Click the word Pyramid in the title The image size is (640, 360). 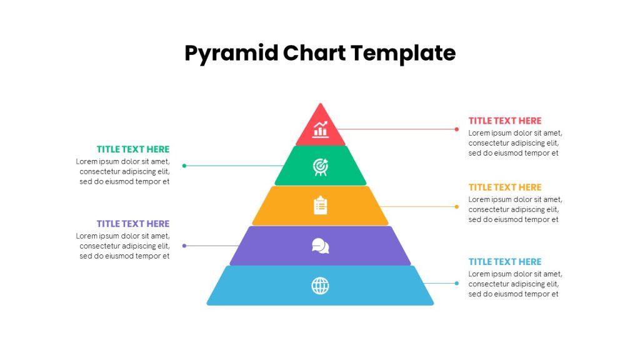(x=231, y=54)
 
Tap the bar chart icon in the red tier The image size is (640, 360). (x=321, y=129)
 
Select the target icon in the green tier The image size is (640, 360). (x=321, y=167)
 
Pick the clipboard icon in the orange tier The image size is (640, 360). (x=321, y=205)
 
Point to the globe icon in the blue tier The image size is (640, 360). (x=321, y=286)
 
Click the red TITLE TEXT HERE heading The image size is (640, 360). (x=505, y=121)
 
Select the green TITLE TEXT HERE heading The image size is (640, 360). (x=133, y=149)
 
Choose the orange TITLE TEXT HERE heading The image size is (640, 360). (x=505, y=187)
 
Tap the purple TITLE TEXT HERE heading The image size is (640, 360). (x=133, y=224)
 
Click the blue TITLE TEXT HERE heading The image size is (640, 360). (x=505, y=262)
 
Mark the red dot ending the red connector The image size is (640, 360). (x=457, y=129)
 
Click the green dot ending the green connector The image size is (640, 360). (x=184, y=166)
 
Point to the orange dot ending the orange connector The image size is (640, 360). (x=457, y=206)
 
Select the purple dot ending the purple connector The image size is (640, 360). (x=184, y=246)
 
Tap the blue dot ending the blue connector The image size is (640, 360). (x=457, y=283)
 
